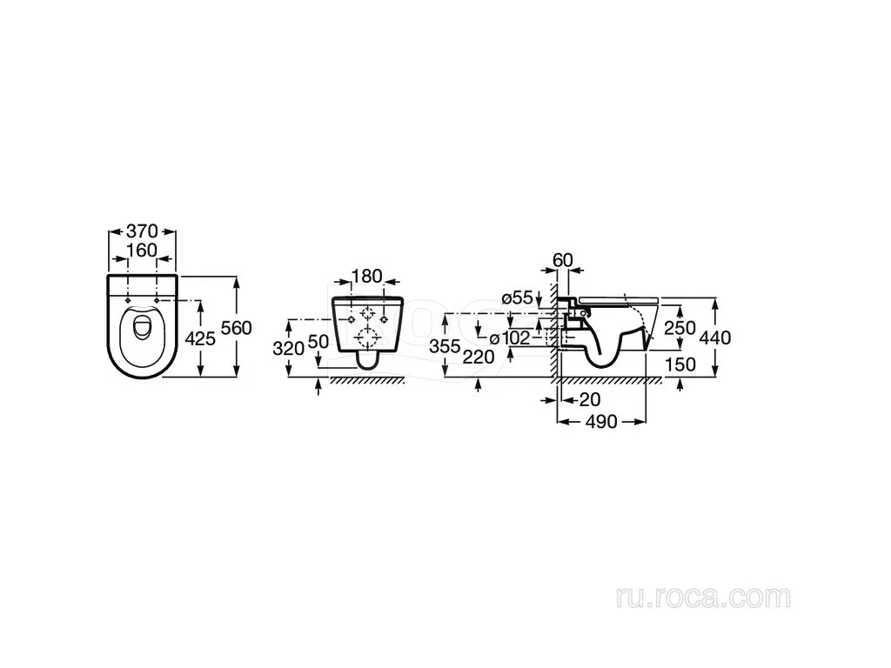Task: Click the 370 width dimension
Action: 142,231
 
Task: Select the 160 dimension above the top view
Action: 142,250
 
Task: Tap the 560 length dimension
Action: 236,328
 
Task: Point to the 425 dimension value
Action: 201,338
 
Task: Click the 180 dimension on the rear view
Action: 366,276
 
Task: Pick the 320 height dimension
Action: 288,348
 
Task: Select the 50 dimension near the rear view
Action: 318,341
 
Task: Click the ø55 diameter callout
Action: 517,297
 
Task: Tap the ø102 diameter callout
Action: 510,338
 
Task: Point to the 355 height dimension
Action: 445,346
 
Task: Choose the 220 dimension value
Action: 479,357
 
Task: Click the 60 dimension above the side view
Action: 563,260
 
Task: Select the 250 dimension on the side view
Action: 680,328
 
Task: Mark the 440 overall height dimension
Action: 715,338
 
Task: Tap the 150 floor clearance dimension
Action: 680,364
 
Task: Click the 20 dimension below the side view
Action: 590,399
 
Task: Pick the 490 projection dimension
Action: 601,422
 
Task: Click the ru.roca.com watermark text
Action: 703,597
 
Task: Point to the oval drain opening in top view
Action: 142,327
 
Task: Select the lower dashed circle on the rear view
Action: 368,338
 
